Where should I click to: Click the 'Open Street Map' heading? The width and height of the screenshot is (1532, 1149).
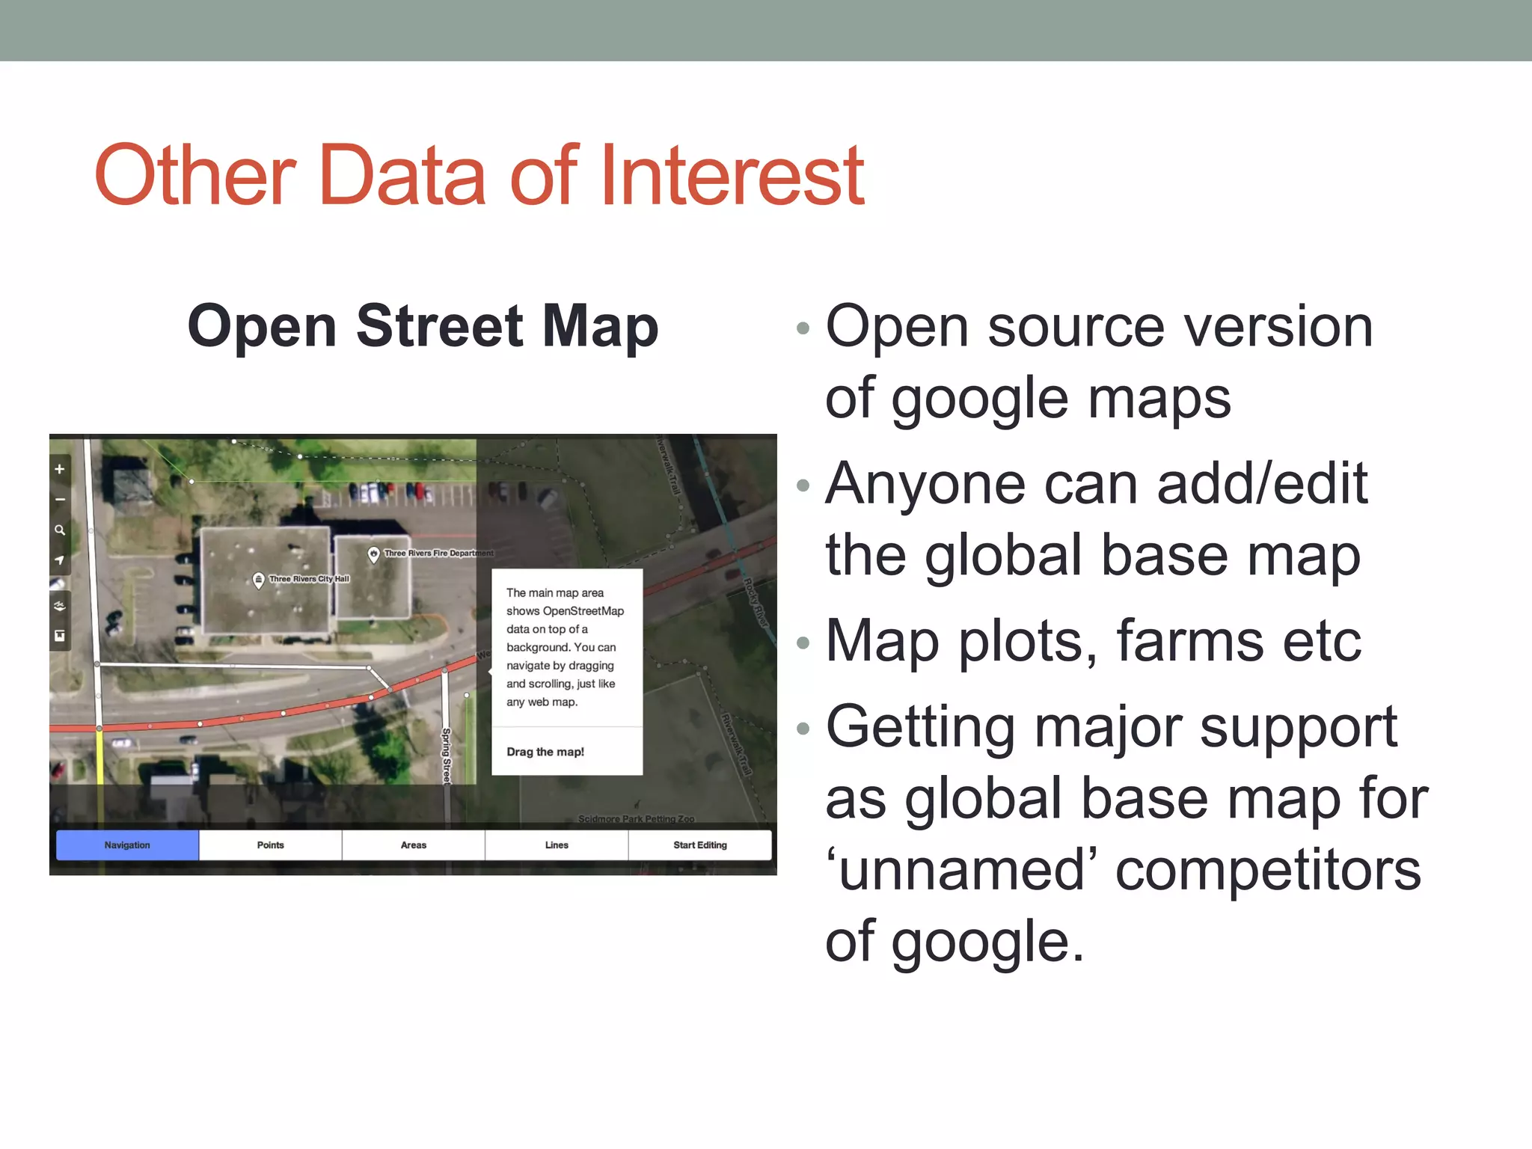(423, 326)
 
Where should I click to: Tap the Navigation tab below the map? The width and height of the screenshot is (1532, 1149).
(127, 845)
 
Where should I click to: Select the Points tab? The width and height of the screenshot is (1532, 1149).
(270, 845)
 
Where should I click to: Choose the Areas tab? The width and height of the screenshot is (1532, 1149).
(413, 845)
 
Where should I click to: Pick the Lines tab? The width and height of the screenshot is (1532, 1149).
(557, 845)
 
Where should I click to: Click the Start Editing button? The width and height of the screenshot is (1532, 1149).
(699, 845)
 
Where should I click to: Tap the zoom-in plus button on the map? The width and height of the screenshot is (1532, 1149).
(60, 469)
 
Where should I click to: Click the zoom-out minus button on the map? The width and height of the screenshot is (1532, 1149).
(60, 500)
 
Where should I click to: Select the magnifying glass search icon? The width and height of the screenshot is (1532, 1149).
(60, 530)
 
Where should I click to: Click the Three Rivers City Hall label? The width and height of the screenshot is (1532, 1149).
(309, 579)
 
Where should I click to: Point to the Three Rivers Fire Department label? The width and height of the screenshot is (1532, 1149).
(438, 554)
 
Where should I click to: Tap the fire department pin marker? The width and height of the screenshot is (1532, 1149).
(373, 554)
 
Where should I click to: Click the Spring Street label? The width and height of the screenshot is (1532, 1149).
(447, 756)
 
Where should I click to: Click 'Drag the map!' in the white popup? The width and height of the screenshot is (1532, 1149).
(545, 752)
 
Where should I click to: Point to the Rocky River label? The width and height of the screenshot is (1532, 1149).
(756, 603)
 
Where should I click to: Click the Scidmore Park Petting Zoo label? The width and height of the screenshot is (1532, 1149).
(636, 819)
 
